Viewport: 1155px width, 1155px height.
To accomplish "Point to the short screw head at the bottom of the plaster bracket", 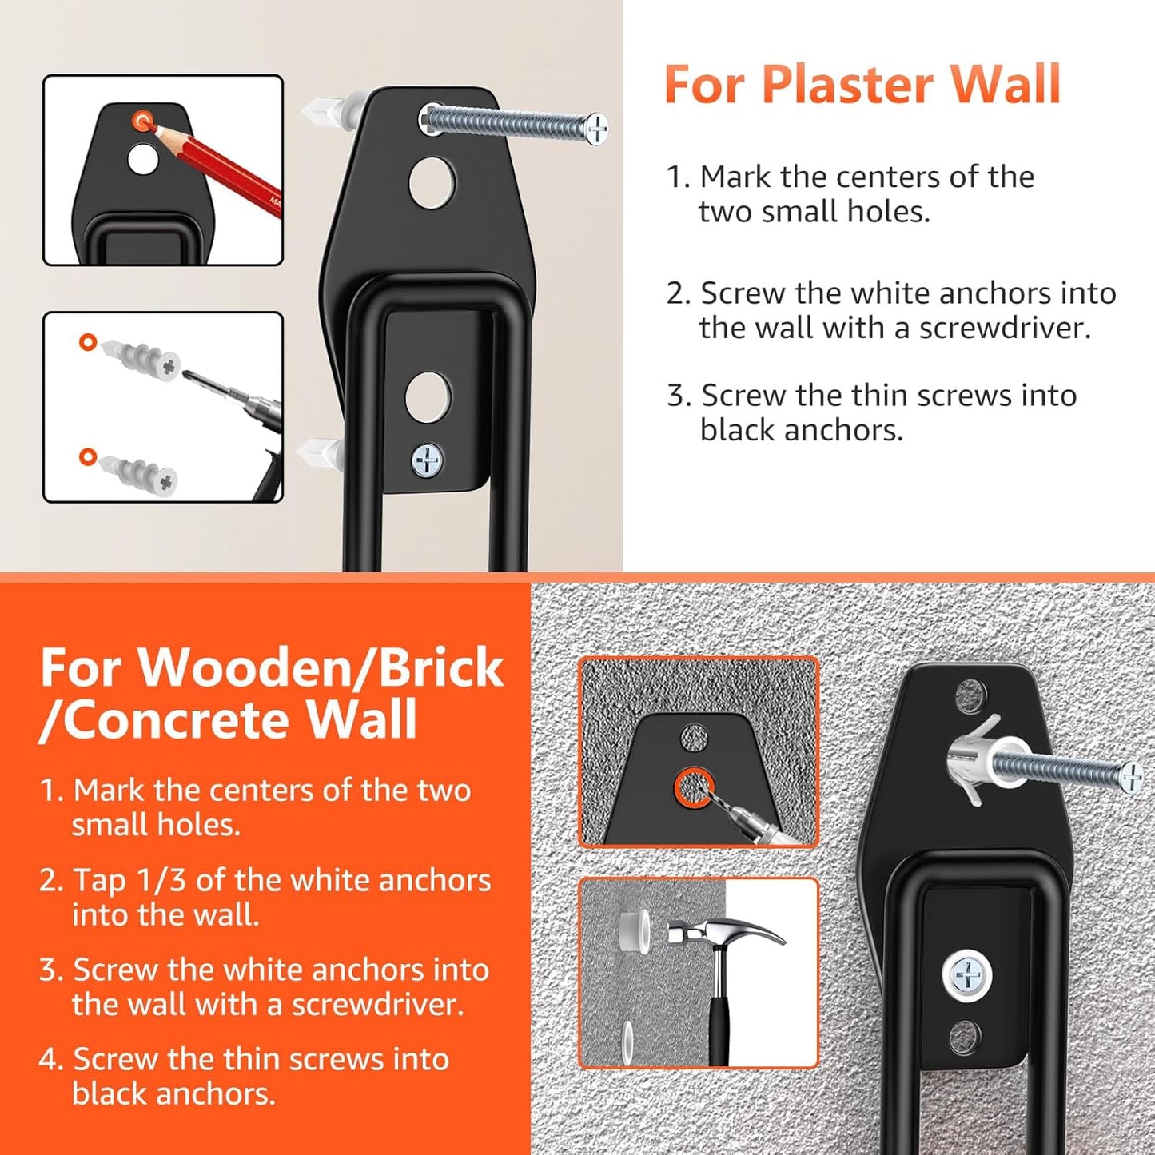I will [428, 460].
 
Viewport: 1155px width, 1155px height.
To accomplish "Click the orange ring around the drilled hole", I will [693, 788].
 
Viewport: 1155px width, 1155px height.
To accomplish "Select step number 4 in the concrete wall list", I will [50, 1060].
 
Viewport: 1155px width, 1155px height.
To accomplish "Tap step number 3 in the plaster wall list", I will [678, 396].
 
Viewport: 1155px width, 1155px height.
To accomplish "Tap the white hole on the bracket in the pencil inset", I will [143, 159].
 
